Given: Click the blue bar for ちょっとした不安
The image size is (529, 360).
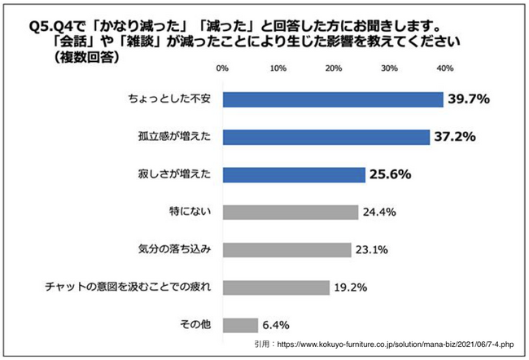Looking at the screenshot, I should click(333, 99).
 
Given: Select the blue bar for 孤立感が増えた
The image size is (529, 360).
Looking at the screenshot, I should click(326, 137).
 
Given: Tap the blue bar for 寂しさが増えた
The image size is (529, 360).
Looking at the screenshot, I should click(294, 174).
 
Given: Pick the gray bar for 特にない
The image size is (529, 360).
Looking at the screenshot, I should click(291, 212).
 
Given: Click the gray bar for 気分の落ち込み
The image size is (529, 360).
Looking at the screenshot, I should click(286, 249).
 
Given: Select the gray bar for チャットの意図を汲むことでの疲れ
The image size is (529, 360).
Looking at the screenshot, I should click(276, 287).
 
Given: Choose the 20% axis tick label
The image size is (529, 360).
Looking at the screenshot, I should click(334, 68).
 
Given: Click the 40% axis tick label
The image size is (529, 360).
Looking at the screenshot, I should click(444, 68).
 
